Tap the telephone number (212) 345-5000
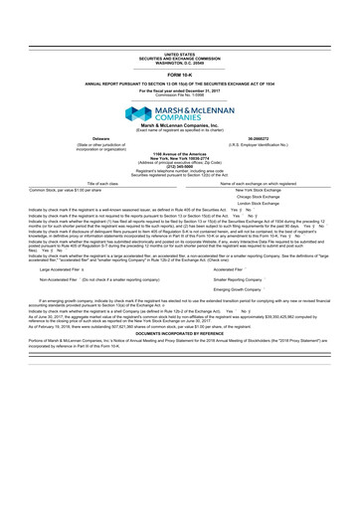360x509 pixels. pos(180,165)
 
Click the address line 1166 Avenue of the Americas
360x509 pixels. pos(180,153)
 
